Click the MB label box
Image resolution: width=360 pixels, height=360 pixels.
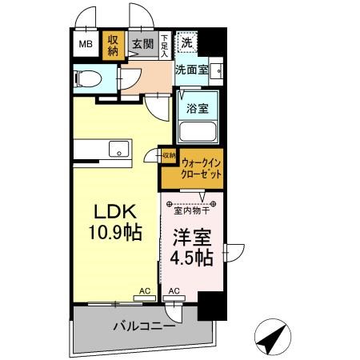(86, 45)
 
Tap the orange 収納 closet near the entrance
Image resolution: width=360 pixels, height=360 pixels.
(114, 45)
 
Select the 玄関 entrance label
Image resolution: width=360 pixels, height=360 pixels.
(143, 44)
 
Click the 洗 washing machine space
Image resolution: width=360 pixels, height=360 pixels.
(186, 42)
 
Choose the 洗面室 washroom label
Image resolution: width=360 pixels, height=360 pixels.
(192, 70)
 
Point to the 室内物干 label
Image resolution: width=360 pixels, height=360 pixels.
(191, 210)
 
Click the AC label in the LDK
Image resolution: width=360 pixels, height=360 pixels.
(145, 291)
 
